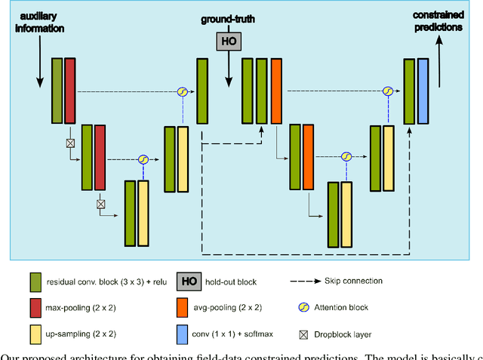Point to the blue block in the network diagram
click(423, 91)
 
